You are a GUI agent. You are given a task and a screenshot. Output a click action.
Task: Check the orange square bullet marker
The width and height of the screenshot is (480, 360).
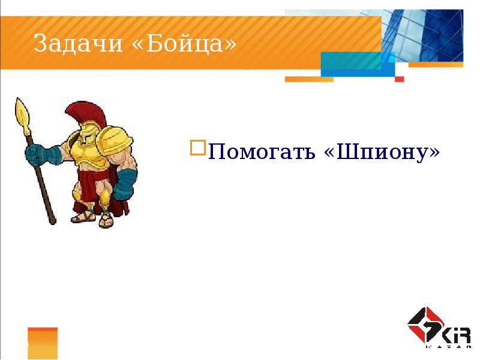pos(197,148)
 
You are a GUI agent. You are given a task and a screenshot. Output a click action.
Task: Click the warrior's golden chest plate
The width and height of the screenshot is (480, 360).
pos(88,157)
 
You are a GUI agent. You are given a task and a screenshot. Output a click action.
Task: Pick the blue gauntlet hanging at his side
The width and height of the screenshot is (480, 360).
pos(125,184)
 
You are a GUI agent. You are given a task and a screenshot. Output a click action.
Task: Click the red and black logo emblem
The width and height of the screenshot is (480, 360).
pos(424,325)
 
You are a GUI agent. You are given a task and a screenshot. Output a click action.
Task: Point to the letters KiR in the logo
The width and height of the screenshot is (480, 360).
pos(457,335)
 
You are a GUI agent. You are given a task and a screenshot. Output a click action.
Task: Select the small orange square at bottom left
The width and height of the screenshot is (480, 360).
pos(43,343)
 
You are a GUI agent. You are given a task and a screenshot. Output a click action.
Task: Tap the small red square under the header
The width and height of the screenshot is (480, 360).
pos(400,79)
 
